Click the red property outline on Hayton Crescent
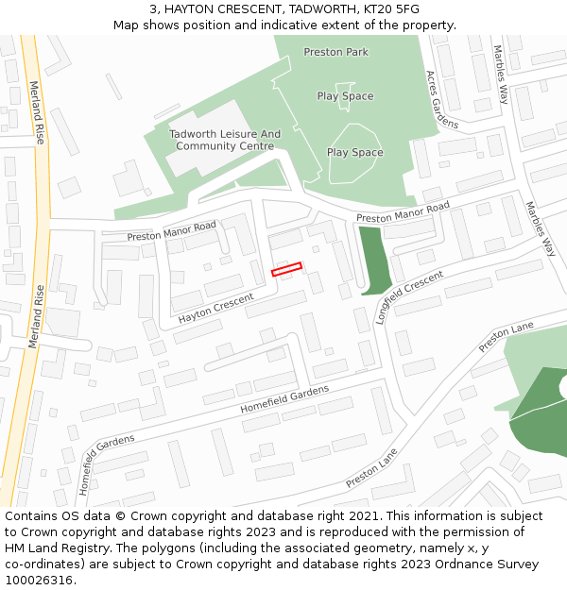pos(286,270)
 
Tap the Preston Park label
pos(336,52)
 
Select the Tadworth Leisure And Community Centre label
pos(225,141)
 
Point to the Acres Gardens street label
pos(441,99)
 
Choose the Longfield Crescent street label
pos(408,296)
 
